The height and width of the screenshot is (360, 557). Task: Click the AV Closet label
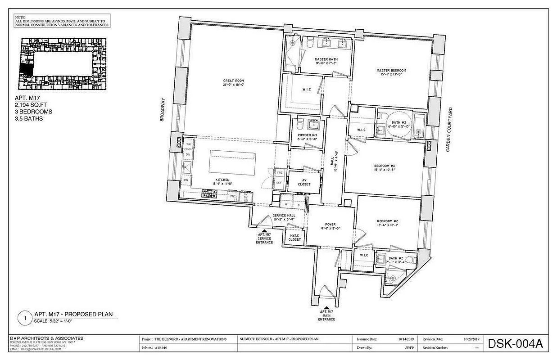[x=305, y=182]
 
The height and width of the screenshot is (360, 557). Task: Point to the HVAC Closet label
[x=295, y=238]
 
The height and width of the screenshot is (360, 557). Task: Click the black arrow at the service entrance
[x=264, y=229]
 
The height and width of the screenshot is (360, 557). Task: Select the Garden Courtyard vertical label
[x=448, y=130]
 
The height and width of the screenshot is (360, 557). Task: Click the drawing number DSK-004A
[x=515, y=344]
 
